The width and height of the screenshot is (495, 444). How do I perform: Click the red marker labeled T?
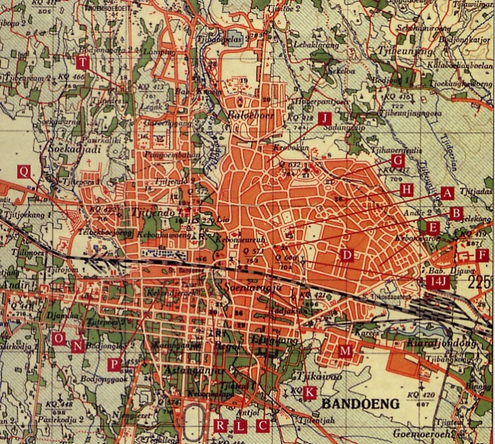82,63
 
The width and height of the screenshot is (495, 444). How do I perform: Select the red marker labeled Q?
24,171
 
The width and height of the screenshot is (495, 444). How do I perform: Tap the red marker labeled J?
325,117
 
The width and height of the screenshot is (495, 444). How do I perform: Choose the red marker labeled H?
405,189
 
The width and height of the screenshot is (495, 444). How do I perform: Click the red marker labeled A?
446,192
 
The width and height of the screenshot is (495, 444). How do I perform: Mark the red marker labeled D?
347,255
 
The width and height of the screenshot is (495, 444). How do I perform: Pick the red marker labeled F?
482,255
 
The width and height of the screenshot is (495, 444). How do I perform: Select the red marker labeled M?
346,350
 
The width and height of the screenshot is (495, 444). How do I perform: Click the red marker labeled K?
310,392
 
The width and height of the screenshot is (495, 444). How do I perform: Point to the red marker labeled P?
114,364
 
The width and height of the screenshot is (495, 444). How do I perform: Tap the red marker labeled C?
262,425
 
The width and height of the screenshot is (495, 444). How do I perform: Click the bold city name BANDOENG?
360,404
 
